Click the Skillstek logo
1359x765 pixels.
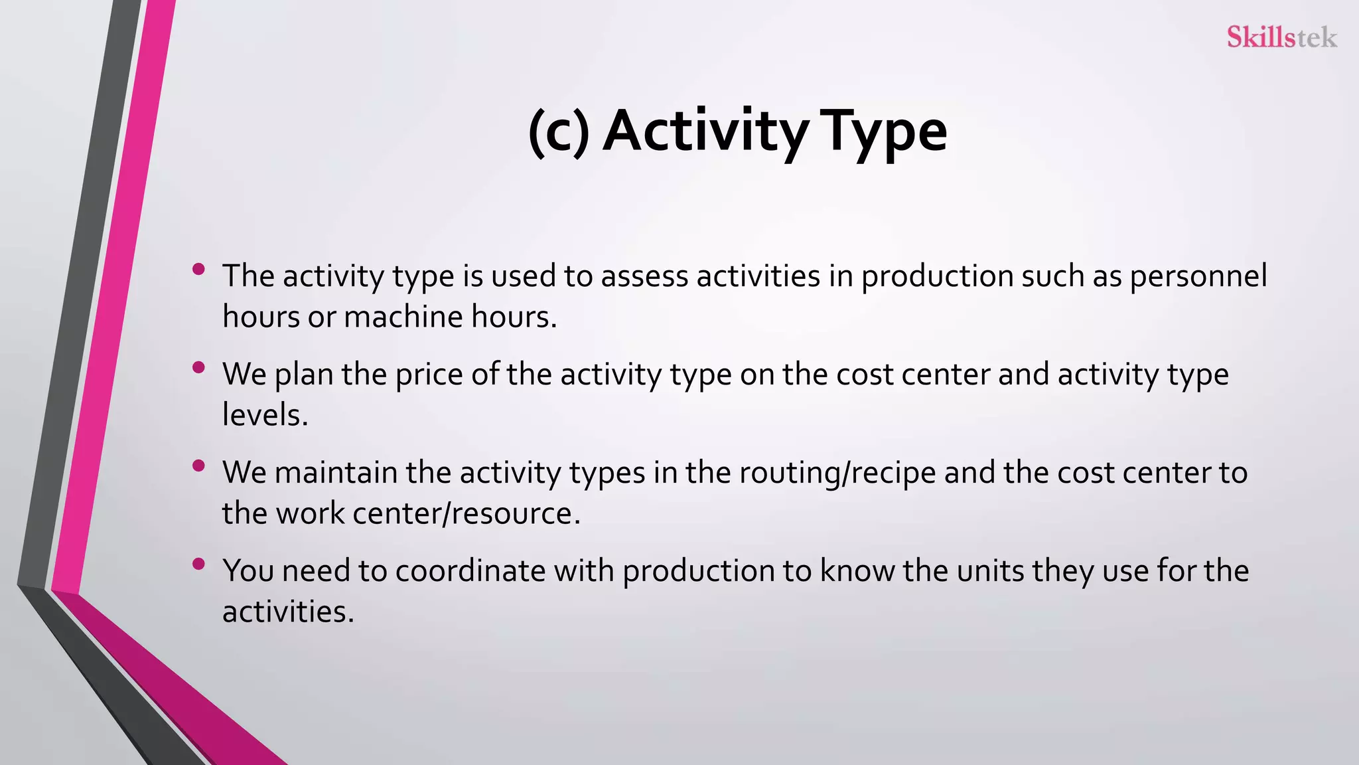pyautogui.click(x=1281, y=37)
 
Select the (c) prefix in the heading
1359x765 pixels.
pyautogui.click(x=559, y=132)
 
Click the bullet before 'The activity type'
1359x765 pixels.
pyautogui.click(x=198, y=269)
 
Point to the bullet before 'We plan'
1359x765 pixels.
pyautogui.click(x=198, y=367)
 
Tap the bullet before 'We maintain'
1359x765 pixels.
pyautogui.click(x=198, y=466)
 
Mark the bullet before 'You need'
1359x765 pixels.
pyautogui.click(x=198, y=564)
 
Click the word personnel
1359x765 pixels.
pyautogui.click(x=1198, y=276)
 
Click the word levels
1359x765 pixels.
pyautogui.click(x=265, y=415)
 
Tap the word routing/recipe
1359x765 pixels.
pyautogui.click(x=837, y=473)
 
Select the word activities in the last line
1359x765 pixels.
pyautogui.click(x=287, y=612)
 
